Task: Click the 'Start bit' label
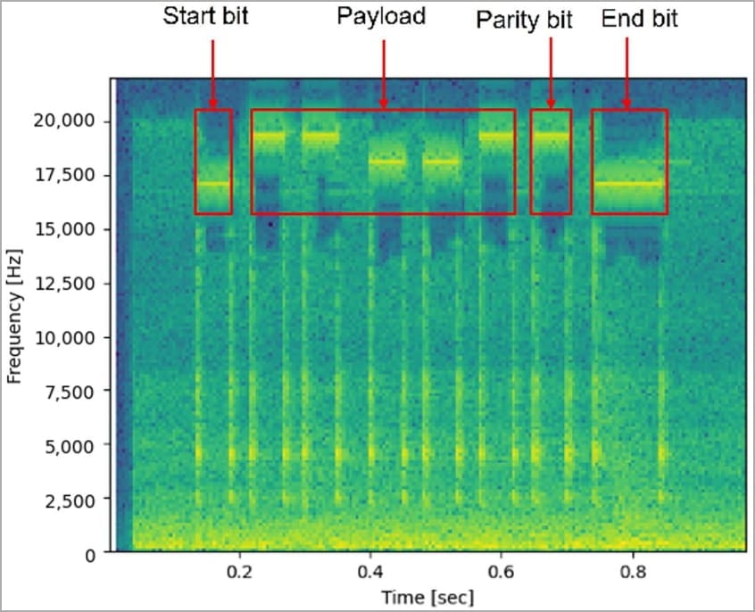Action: click(206, 17)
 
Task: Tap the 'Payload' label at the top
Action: click(381, 17)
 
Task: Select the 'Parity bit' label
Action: click(524, 19)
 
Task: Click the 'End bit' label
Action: click(632, 19)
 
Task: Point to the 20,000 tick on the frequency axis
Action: click(71, 121)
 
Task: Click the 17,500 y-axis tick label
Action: click(71, 176)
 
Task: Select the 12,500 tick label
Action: click(71, 284)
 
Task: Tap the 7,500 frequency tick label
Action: click(75, 392)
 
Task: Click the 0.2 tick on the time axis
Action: click(239, 572)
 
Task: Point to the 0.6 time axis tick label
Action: click(502, 572)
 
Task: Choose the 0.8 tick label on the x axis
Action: click(633, 572)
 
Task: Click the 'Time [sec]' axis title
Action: click(427, 596)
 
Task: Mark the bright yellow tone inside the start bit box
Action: click(213, 184)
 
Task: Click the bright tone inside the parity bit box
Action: click(551, 136)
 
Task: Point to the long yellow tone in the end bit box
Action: click(629, 184)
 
